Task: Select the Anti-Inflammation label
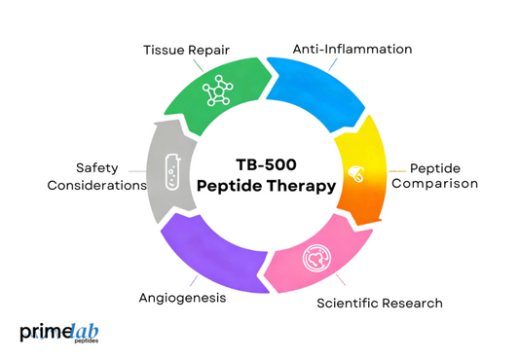pos(353,49)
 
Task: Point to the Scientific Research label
pos(381,303)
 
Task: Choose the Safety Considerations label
pos(96,176)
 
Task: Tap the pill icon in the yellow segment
pos(355,175)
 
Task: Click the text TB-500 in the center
pos(260,165)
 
